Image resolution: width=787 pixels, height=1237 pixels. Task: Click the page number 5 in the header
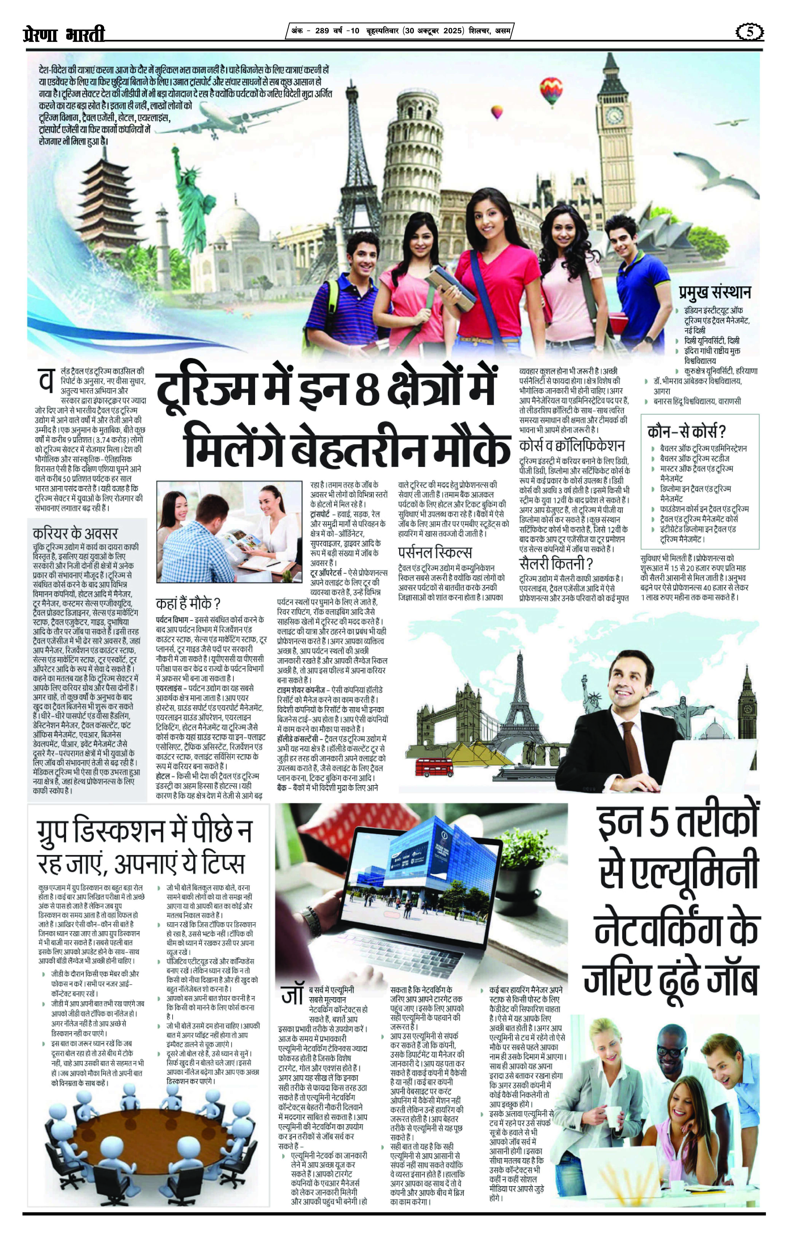(749, 32)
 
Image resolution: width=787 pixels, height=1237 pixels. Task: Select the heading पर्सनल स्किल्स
(435, 553)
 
